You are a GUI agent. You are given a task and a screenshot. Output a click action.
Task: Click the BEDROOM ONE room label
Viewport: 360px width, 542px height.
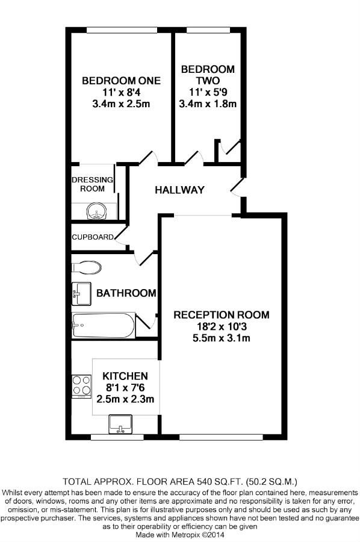coord(121,81)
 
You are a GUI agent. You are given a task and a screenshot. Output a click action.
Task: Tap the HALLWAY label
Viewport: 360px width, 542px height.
coord(179,190)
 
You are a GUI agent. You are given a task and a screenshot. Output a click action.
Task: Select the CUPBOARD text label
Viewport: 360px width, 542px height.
coord(93,237)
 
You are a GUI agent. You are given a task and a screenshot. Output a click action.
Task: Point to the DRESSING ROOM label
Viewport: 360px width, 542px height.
coord(92,184)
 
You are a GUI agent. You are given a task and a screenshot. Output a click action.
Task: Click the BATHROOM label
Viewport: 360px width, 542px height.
coord(126,293)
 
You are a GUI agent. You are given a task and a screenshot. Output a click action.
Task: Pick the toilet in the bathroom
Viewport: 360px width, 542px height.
coord(86,267)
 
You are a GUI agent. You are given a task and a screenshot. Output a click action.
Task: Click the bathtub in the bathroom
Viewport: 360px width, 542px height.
coord(103,326)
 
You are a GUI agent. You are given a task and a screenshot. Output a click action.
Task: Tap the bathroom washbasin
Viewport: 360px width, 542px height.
coord(81,294)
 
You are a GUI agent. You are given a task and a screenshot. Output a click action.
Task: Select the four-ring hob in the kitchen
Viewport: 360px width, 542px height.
coord(81,387)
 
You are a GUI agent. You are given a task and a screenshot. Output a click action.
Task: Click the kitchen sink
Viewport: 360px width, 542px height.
coord(120,425)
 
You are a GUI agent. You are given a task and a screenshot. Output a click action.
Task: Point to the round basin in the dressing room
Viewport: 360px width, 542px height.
coord(97,211)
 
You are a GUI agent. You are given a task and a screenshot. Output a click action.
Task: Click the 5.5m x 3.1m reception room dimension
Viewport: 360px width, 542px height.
coord(221,338)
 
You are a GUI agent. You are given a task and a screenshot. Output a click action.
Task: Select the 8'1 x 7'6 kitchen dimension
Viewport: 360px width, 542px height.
coord(125,387)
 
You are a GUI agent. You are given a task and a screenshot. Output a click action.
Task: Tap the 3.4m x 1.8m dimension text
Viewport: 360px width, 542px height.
coord(208,104)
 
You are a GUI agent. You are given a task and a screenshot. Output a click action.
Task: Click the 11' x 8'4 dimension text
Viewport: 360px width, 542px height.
coord(121,92)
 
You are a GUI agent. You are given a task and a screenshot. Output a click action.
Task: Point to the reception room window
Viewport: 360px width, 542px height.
coord(221,437)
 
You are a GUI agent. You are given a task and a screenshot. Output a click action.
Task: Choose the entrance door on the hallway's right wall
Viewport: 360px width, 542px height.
coord(238,188)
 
